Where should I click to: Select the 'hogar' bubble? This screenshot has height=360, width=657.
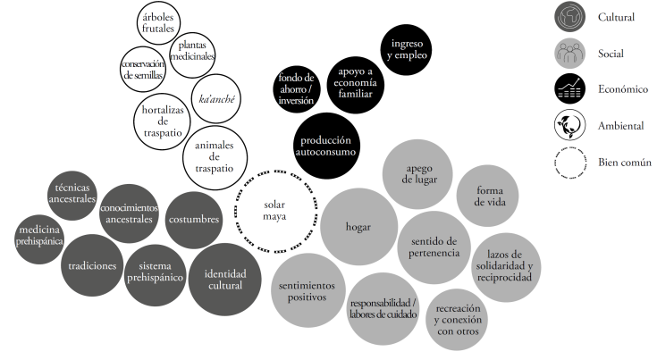pos(358,226)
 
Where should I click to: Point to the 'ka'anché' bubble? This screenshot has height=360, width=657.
pos(216,99)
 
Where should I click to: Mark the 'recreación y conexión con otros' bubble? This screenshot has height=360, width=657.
pos(459,319)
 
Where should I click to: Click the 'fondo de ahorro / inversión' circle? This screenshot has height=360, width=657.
pos(295,88)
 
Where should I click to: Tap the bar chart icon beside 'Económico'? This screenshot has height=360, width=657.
pos(569,88)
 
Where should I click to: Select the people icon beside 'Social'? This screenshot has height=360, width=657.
pos(569,53)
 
